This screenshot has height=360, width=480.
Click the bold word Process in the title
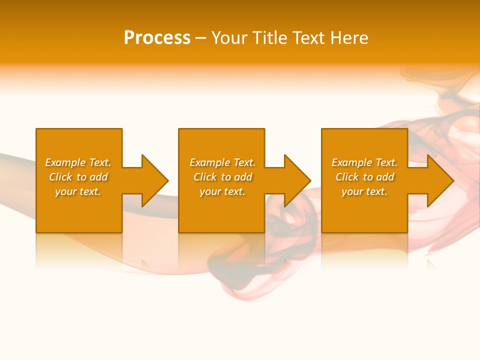coord(157,38)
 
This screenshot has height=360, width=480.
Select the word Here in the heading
coord(349,38)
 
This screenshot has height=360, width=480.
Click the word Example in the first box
coord(65,162)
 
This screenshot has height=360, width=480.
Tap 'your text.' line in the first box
coord(78,191)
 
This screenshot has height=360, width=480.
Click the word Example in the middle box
coord(210,162)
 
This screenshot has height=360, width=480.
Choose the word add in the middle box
coord(243,177)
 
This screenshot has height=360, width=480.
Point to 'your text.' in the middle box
coord(222,191)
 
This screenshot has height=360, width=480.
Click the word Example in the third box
coord(352,162)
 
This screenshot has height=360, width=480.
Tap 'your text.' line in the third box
coord(364,191)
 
